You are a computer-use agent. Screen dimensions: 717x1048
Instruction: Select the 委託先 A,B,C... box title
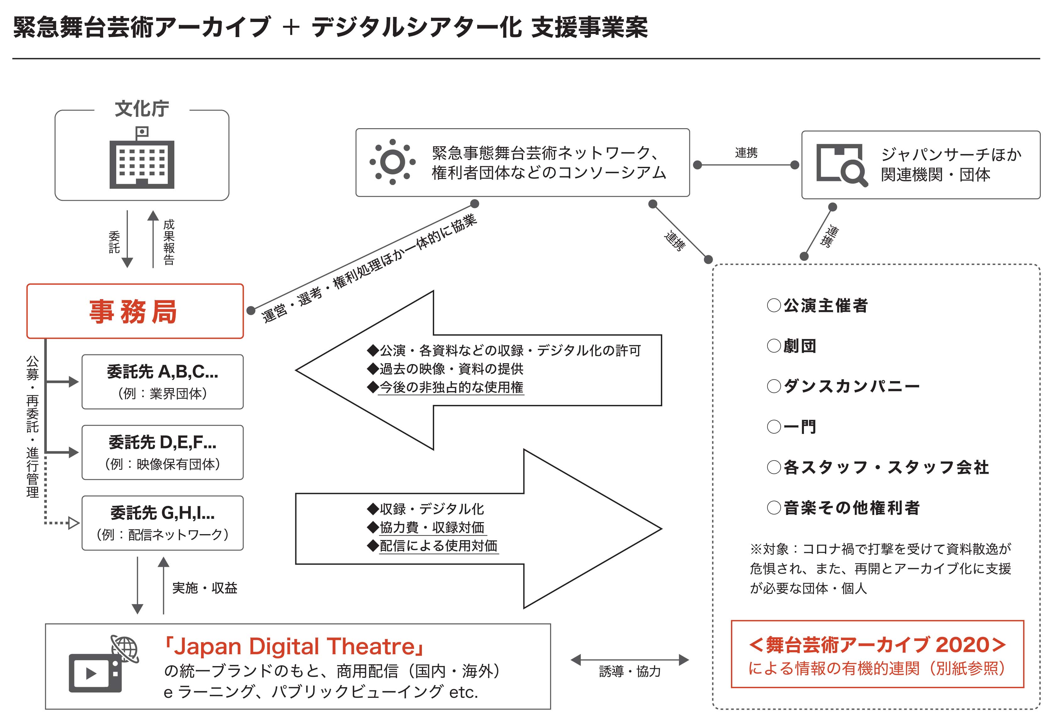point(162,372)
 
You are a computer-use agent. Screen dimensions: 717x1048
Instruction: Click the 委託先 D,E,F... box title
point(162,442)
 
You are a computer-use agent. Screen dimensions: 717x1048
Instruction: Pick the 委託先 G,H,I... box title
point(162,513)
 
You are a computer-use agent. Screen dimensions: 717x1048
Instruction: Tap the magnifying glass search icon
point(842,165)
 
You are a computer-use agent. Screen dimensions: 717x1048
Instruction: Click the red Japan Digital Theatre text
point(294,646)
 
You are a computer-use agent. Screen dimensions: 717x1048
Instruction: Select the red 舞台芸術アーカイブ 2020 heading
point(877,645)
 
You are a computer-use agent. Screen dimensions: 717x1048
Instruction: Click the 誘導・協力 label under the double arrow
point(630,672)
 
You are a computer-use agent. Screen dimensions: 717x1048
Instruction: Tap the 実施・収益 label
point(205,588)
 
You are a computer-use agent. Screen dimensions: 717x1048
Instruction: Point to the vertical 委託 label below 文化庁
point(115,242)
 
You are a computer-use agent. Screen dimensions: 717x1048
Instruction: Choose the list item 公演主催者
point(825,306)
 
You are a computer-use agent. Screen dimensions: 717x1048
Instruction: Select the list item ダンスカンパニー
point(851,386)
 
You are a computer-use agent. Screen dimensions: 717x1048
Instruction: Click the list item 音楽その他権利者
point(851,508)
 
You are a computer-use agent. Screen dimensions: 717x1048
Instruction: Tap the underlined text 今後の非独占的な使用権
point(451,387)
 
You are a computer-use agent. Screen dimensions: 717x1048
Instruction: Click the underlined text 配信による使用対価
point(438,546)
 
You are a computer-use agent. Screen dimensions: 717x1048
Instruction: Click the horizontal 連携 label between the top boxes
point(746,153)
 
